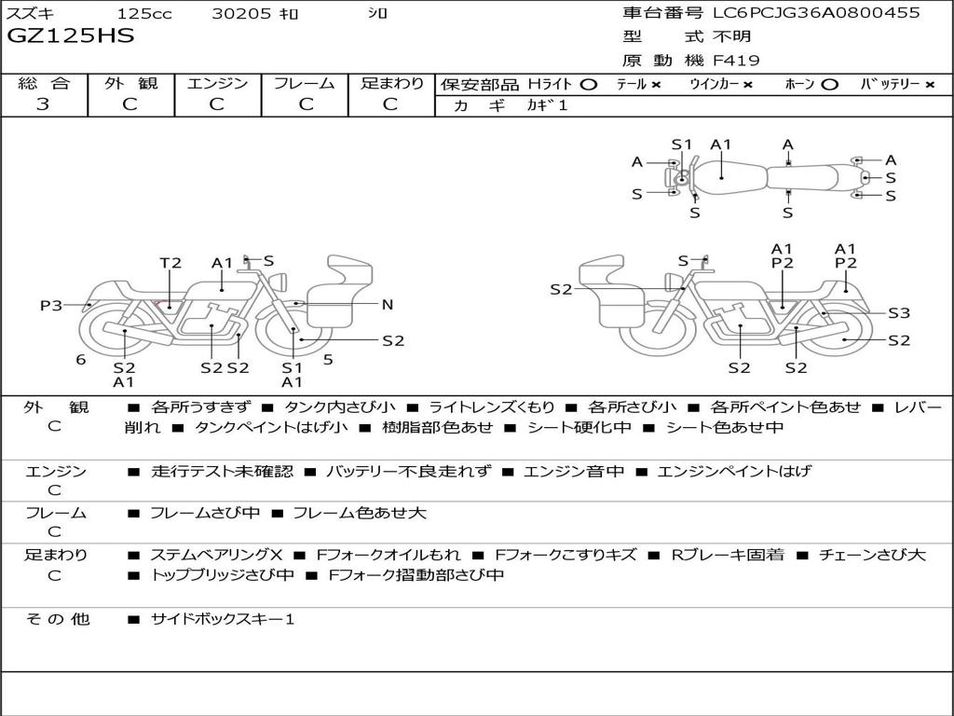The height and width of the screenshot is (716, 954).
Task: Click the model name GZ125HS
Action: click(x=71, y=36)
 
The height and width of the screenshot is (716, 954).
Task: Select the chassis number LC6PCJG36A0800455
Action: click(x=816, y=13)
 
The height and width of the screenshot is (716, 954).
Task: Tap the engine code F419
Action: click(x=736, y=61)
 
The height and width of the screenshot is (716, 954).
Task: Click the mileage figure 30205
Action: click(x=241, y=14)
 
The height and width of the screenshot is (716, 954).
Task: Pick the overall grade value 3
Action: click(x=43, y=104)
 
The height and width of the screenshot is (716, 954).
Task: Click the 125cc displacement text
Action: click(x=143, y=14)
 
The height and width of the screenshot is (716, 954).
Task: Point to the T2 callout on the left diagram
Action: click(x=170, y=263)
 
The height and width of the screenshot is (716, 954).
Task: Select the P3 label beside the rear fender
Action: click(x=51, y=305)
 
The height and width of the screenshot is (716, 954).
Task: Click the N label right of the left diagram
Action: click(x=388, y=304)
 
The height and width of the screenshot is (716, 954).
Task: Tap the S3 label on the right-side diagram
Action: click(x=899, y=313)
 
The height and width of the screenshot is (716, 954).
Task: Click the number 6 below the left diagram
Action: click(x=81, y=359)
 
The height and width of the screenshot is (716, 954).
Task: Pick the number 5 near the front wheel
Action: click(x=328, y=359)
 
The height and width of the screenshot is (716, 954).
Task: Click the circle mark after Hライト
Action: click(x=588, y=84)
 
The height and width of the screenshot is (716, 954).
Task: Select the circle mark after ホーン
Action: click(x=830, y=84)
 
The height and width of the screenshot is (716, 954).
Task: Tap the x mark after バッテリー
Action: click(x=930, y=84)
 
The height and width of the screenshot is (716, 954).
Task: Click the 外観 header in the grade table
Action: click(x=130, y=83)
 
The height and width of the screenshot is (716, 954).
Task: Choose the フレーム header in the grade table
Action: click(x=304, y=83)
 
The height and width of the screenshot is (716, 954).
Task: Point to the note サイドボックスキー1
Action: click(x=223, y=619)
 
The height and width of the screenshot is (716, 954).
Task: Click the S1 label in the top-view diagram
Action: click(x=682, y=145)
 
